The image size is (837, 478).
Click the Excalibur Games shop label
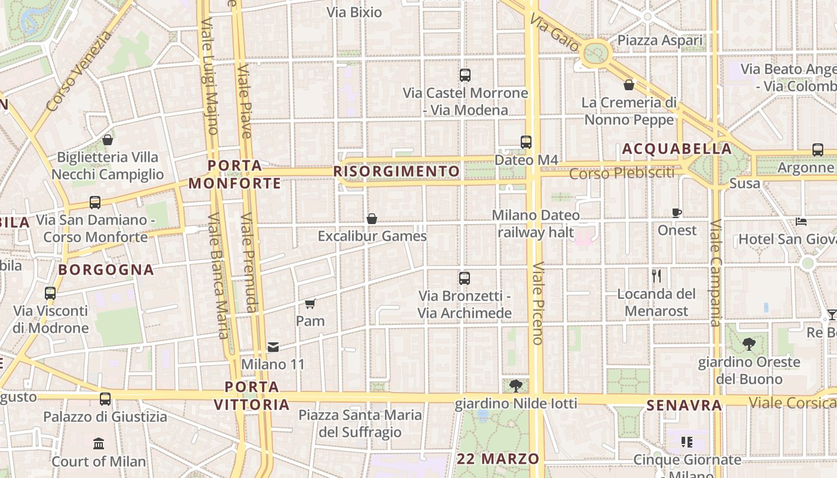(372, 236)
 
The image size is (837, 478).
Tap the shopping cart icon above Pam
(310, 304)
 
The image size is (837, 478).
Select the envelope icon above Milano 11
(273, 347)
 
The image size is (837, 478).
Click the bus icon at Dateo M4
(526, 142)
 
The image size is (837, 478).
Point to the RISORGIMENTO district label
(397, 172)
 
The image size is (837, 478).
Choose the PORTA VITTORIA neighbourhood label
(252, 396)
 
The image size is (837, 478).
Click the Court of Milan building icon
(99, 444)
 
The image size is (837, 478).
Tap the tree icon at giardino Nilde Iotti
(516, 386)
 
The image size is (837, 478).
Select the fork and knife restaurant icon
(656, 276)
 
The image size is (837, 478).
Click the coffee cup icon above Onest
(677, 213)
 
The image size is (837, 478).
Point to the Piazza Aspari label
(660, 41)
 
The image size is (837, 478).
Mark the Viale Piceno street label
(536, 303)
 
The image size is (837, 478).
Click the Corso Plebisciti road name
(621, 173)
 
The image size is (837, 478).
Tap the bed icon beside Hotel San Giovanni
(802, 222)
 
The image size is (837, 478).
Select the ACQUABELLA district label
(676, 149)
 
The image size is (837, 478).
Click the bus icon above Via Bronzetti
(465, 278)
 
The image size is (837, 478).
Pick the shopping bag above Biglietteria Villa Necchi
(108, 140)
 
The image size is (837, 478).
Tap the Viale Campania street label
(716, 274)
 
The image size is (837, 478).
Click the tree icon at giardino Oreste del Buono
(749, 344)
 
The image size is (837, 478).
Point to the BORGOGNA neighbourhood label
(106, 269)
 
